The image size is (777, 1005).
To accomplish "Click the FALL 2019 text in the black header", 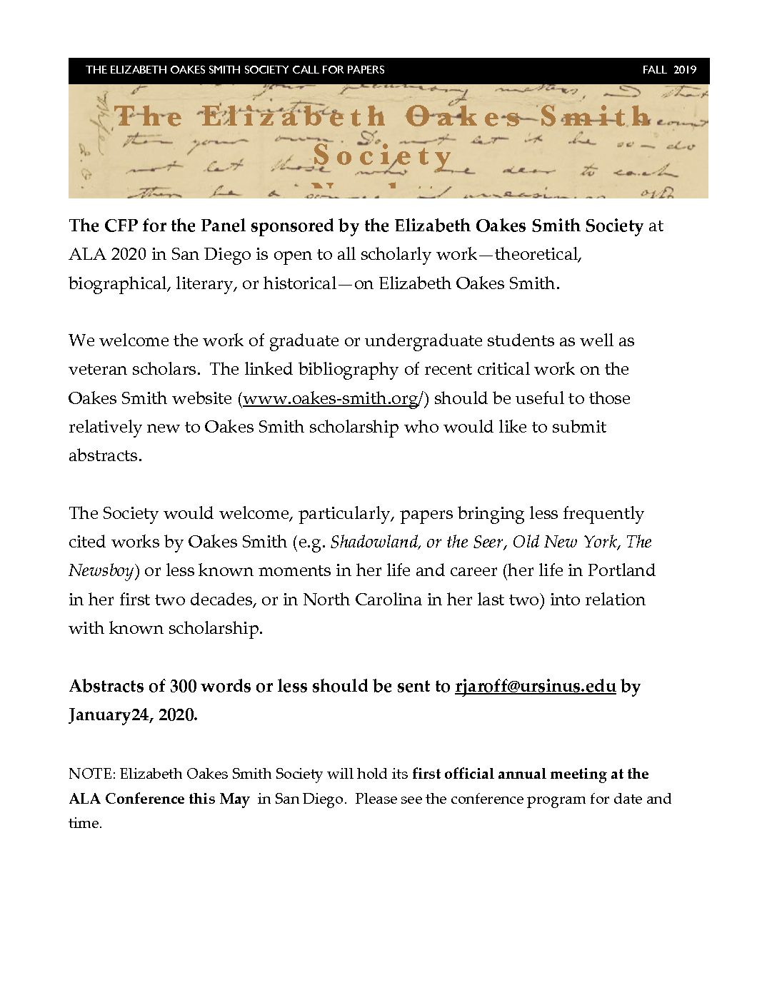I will tap(668, 70).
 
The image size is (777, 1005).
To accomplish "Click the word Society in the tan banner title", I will tap(383, 156).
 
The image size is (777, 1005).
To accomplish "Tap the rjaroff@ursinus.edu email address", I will tap(535, 686).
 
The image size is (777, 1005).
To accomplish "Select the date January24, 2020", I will tap(133, 714).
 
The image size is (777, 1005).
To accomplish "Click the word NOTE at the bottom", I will tap(91, 774).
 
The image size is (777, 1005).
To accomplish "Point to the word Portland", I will tap(621, 570).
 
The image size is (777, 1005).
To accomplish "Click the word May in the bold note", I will tap(234, 799).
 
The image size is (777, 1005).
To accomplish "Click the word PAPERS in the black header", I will tap(365, 70).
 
